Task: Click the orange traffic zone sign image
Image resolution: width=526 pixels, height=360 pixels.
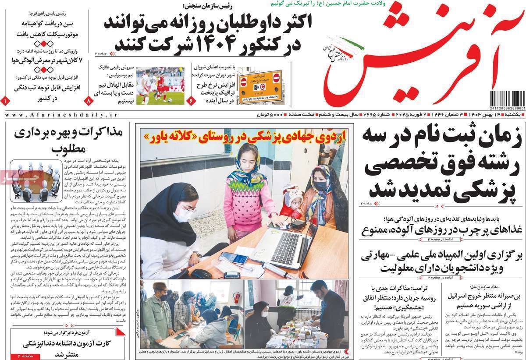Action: click(259, 85)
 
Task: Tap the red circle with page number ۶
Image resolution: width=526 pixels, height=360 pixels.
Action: click(191, 100)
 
